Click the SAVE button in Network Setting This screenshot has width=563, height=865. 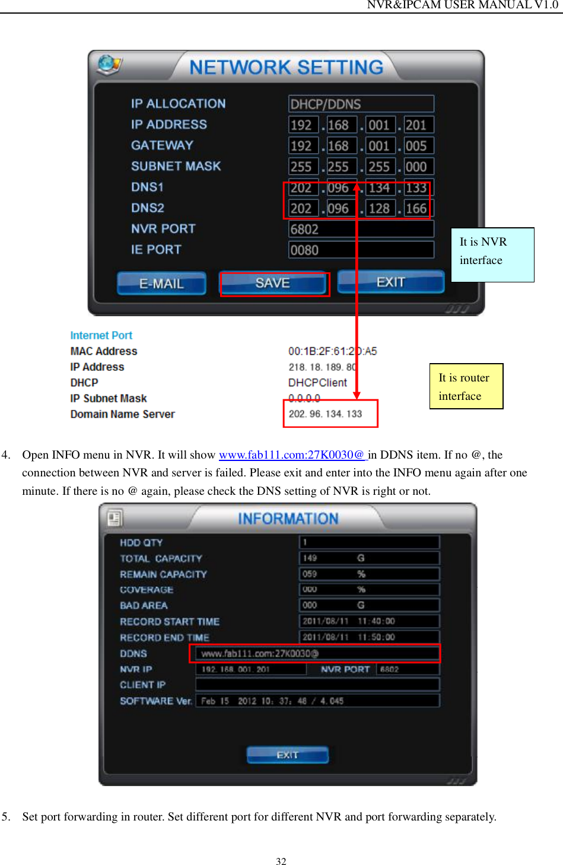click(273, 284)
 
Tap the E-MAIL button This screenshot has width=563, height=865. click(161, 284)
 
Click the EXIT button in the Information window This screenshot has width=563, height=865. click(287, 755)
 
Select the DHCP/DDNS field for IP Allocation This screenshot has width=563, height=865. click(361, 104)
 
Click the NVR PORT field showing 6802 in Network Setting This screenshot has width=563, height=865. click(361, 229)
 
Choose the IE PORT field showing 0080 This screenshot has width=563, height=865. click(361, 250)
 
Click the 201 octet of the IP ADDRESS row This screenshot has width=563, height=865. click(416, 125)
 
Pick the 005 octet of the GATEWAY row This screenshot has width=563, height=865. click(416, 146)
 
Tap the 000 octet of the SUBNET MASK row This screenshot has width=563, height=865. click(416, 167)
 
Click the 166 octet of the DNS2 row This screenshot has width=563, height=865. click(416, 208)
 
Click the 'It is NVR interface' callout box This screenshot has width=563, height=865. click(492, 255)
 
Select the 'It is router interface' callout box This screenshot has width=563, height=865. click(466, 386)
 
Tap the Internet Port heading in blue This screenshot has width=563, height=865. click(101, 335)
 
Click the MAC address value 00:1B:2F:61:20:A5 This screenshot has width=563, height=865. click(332, 351)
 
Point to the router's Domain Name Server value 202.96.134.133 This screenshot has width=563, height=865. click(325, 414)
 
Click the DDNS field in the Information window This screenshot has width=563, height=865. click(314, 653)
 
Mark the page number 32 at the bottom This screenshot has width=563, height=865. click(281, 861)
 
